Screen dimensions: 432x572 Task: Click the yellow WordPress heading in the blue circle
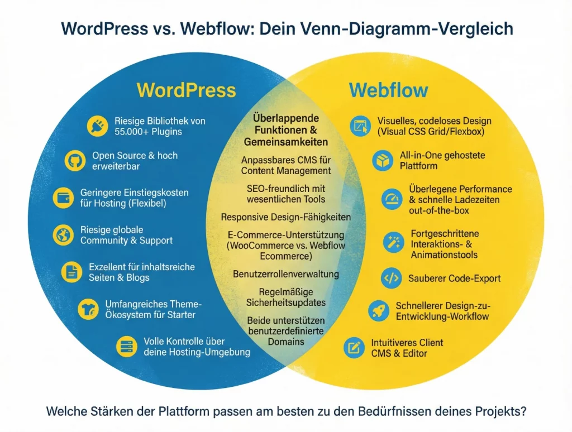click(186, 90)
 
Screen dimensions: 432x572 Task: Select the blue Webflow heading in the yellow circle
click(388, 90)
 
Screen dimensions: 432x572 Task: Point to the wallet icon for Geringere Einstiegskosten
click(62, 198)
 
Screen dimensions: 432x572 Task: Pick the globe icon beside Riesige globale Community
click(63, 234)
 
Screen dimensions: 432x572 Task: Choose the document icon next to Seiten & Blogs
click(71, 271)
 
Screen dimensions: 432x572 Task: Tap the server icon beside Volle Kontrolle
click(126, 347)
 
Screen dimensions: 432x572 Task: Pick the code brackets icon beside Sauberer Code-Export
click(391, 279)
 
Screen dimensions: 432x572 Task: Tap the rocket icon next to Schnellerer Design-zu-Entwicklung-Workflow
click(379, 310)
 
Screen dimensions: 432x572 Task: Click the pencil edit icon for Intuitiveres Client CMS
click(353, 348)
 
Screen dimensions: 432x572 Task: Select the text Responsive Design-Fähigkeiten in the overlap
click(285, 217)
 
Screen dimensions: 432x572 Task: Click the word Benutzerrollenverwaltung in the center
click(285, 274)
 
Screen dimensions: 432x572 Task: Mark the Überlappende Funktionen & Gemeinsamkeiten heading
click(285, 130)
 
